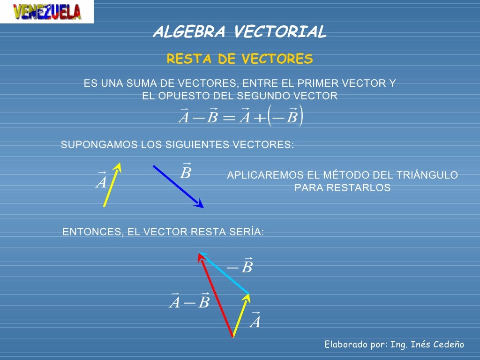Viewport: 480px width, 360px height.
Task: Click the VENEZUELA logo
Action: click(47, 12)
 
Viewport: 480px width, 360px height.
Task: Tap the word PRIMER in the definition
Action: click(318, 83)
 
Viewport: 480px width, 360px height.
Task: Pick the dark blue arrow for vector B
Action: click(178, 187)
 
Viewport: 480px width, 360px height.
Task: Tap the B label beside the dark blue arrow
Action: click(186, 172)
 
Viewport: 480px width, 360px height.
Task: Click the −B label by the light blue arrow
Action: click(240, 267)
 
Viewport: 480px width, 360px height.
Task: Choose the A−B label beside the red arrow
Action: click(189, 301)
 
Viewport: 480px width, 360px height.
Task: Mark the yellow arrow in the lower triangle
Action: click(241, 315)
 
